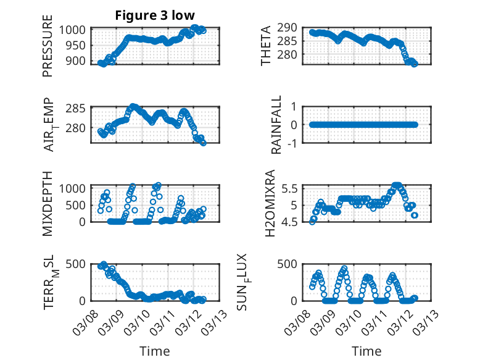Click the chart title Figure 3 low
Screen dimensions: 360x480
point(155,16)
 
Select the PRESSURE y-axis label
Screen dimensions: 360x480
point(48,50)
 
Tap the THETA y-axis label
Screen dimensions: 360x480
point(266,46)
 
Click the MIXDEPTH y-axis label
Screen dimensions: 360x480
point(48,203)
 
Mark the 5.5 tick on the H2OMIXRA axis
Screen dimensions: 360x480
point(291,188)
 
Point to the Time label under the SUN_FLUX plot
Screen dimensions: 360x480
point(366,351)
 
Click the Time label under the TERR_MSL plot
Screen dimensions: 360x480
point(155,351)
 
